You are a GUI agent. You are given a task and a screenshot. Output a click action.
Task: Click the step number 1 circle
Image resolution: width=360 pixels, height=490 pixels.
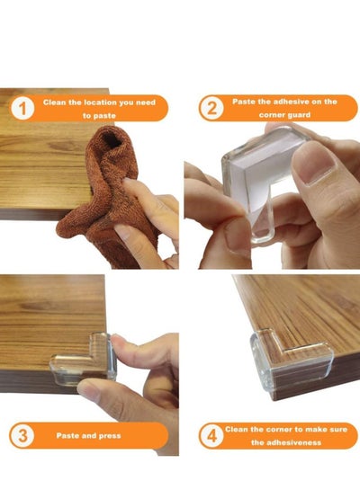[22, 108]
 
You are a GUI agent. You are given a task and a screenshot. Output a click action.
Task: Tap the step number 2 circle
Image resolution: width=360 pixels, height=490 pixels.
[211, 108]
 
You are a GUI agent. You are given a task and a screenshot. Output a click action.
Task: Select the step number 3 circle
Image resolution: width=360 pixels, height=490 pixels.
[22, 435]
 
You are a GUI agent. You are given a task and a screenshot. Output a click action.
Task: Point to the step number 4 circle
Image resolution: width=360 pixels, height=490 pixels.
[211, 435]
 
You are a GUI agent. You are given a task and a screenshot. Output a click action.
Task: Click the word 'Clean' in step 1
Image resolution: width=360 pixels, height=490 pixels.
[54, 102]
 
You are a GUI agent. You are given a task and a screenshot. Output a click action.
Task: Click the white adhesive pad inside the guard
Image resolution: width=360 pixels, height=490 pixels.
[259, 175]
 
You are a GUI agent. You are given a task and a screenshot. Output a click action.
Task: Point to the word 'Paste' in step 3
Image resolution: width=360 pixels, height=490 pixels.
[67, 436]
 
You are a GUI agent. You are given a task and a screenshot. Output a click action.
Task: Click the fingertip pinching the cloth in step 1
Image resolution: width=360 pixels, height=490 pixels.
[128, 183]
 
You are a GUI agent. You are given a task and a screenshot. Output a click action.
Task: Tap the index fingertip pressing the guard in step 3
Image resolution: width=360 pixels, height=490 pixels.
[120, 342]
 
